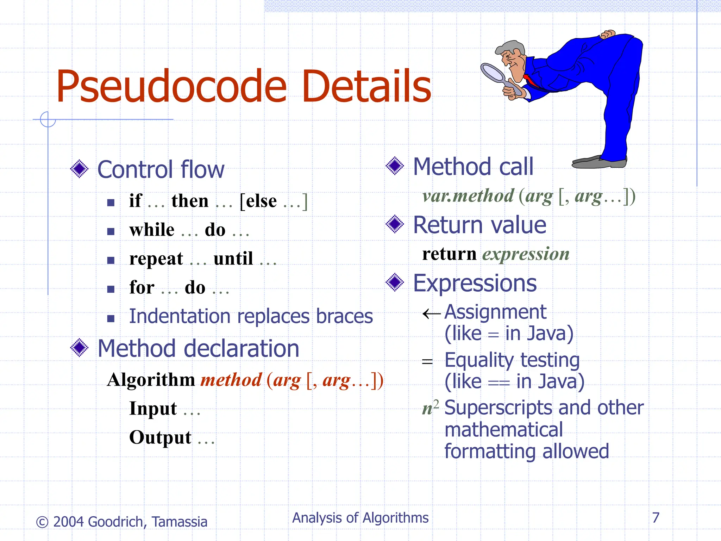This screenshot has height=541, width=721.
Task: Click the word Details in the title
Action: point(366,87)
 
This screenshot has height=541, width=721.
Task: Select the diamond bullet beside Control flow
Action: point(79,169)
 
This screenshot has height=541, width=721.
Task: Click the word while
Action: point(152,230)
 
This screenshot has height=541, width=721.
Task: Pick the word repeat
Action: point(156,259)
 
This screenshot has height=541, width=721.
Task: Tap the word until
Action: point(233,259)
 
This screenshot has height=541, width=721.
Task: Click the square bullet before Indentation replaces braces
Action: point(111,318)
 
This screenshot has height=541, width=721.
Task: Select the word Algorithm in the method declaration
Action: point(151,380)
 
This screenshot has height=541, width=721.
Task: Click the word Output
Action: point(160,438)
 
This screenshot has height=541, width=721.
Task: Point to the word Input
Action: point(153,409)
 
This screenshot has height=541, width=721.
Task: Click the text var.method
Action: point(468,196)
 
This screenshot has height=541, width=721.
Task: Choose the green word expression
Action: point(526,254)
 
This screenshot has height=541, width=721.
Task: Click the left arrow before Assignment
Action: point(431,313)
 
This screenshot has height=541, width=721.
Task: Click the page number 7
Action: point(656,518)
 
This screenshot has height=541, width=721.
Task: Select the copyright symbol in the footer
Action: point(42,522)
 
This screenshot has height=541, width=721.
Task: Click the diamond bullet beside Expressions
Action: point(395,282)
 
